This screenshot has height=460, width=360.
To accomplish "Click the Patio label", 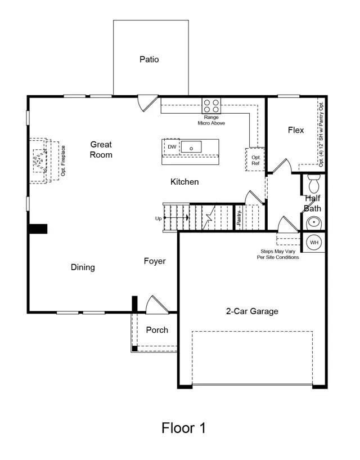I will point(149,59).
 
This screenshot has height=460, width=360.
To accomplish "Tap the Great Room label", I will point(101,150).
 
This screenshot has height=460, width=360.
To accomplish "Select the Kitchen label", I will point(184,182).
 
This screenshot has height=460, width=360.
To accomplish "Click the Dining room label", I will point(83,267).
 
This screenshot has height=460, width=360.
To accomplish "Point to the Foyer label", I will point(155,261).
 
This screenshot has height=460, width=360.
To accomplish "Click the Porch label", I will point(157,330).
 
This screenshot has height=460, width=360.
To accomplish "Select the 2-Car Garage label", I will point(252,311).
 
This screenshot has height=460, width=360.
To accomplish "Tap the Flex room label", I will point(296,130).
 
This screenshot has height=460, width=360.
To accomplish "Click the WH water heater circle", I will point(314,242).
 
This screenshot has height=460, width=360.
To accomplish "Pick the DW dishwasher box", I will point(172,147).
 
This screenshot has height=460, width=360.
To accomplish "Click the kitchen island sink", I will point(191,148).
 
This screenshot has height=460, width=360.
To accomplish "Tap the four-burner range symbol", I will point(211,105).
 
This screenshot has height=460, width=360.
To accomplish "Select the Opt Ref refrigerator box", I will point(255,160).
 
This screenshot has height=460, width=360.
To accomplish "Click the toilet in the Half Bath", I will point(314,184).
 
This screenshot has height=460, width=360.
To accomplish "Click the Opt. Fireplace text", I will point(64,160).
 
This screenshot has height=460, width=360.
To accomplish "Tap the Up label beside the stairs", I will point(158,218).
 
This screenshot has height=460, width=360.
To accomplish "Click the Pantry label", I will point(238,219).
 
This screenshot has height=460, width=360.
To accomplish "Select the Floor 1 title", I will point(183,428).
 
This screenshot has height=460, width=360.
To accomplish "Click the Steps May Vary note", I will point(280,254).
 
